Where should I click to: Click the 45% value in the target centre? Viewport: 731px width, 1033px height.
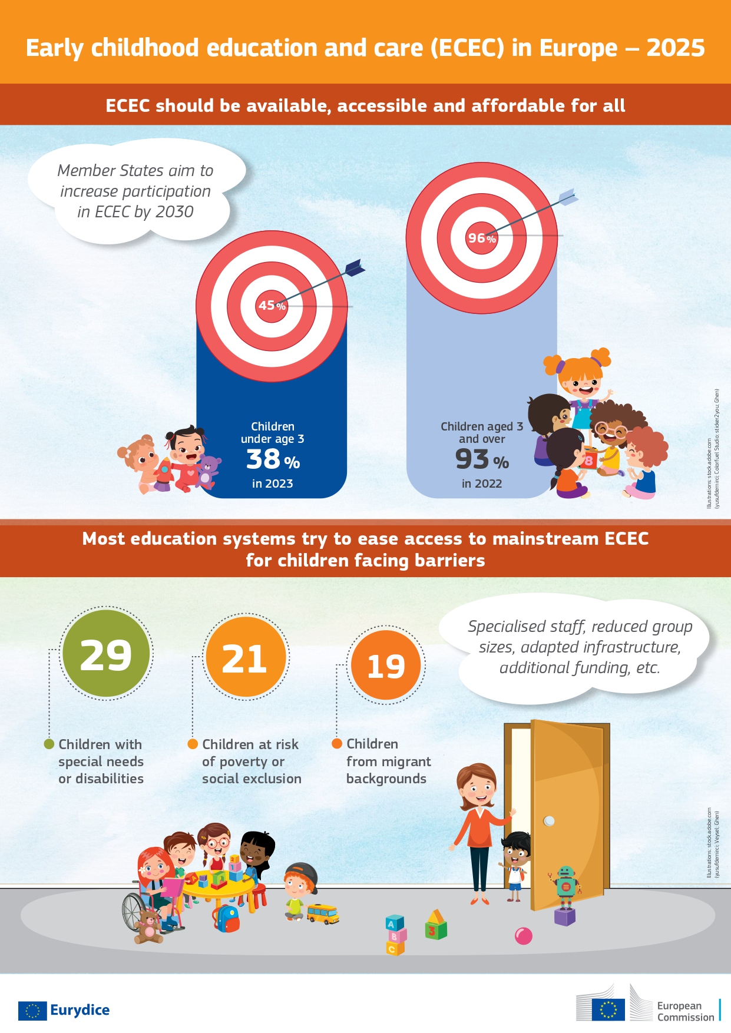pyautogui.click(x=272, y=306)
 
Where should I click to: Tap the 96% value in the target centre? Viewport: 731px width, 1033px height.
pyautogui.click(x=481, y=238)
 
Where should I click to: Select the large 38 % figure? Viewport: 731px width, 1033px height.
pyautogui.click(x=273, y=459)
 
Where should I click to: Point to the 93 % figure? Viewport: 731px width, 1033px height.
pyautogui.click(x=481, y=460)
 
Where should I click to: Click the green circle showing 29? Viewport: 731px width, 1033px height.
pyautogui.click(x=106, y=654)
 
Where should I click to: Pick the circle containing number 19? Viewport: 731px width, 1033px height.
pyautogui.click(x=386, y=666)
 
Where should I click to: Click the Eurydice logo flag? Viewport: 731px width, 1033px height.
pyautogui.click(x=32, y=1011)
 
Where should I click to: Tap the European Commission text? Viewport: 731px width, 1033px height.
pyautogui.click(x=685, y=1011)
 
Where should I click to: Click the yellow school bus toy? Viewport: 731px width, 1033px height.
pyautogui.click(x=323, y=913)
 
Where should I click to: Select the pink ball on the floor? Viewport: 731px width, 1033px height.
pyautogui.click(x=523, y=936)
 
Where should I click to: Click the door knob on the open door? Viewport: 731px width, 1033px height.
pyautogui.click(x=549, y=820)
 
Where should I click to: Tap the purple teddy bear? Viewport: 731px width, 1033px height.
pyautogui.click(x=208, y=470)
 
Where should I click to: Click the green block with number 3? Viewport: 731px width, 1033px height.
pyautogui.click(x=436, y=927)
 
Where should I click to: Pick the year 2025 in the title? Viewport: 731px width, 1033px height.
pyautogui.click(x=676, y=48)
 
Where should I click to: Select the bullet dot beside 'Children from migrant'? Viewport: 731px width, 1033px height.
pyautogui.click(x=337, y=744)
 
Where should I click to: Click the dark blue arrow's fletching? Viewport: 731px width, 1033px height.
pyautogui.click(x=355, y=268)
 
